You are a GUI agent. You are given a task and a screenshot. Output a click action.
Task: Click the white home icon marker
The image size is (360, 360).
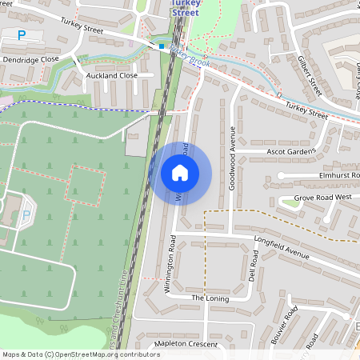click(180, 172)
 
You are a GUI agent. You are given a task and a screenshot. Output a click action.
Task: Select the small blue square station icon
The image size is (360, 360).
click(162, 46)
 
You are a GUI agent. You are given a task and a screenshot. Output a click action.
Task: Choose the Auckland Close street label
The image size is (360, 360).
click(111, 75)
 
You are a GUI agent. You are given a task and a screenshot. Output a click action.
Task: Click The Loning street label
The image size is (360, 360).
click(210, 298)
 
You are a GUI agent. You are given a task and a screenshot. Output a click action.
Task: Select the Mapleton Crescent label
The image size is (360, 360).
click(186, 343)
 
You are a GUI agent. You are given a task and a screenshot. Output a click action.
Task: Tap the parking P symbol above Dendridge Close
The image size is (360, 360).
click(22, 35)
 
